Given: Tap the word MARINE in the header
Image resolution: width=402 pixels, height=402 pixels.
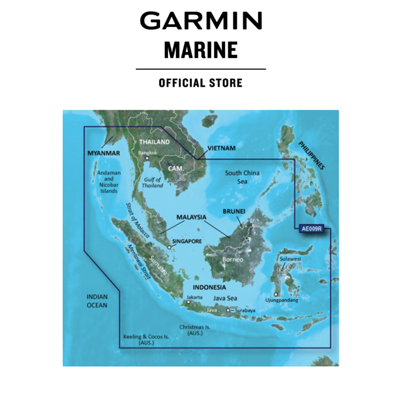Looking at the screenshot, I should point(201,50).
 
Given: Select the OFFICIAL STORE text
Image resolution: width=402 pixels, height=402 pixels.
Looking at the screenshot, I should point(201,83).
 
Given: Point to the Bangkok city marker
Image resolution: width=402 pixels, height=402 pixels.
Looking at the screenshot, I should point(147,158).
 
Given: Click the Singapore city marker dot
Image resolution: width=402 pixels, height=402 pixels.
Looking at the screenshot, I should point(169,247).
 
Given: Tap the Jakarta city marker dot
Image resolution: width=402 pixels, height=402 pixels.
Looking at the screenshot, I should point(189,302).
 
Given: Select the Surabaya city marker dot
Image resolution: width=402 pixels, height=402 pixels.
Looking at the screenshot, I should point(228,311).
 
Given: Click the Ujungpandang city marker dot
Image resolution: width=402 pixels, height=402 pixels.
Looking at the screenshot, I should point(276,294).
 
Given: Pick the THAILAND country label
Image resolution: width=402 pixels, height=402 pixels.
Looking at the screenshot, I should point(154,142).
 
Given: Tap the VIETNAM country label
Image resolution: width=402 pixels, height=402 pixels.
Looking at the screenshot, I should point(221,148).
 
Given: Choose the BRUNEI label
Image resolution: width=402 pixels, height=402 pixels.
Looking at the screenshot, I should point(234,211).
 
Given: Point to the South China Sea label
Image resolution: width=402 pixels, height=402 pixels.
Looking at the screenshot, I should point(242,177).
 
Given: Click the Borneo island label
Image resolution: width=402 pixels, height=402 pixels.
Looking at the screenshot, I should point(233,259).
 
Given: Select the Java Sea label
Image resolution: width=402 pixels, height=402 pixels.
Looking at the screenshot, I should point(225,298).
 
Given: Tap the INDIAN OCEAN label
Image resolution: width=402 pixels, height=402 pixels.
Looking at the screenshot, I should point(97,301).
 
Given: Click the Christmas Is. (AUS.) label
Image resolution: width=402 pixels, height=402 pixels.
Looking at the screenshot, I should point(195,330).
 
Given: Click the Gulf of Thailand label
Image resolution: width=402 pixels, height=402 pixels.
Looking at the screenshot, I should point(152,183).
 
